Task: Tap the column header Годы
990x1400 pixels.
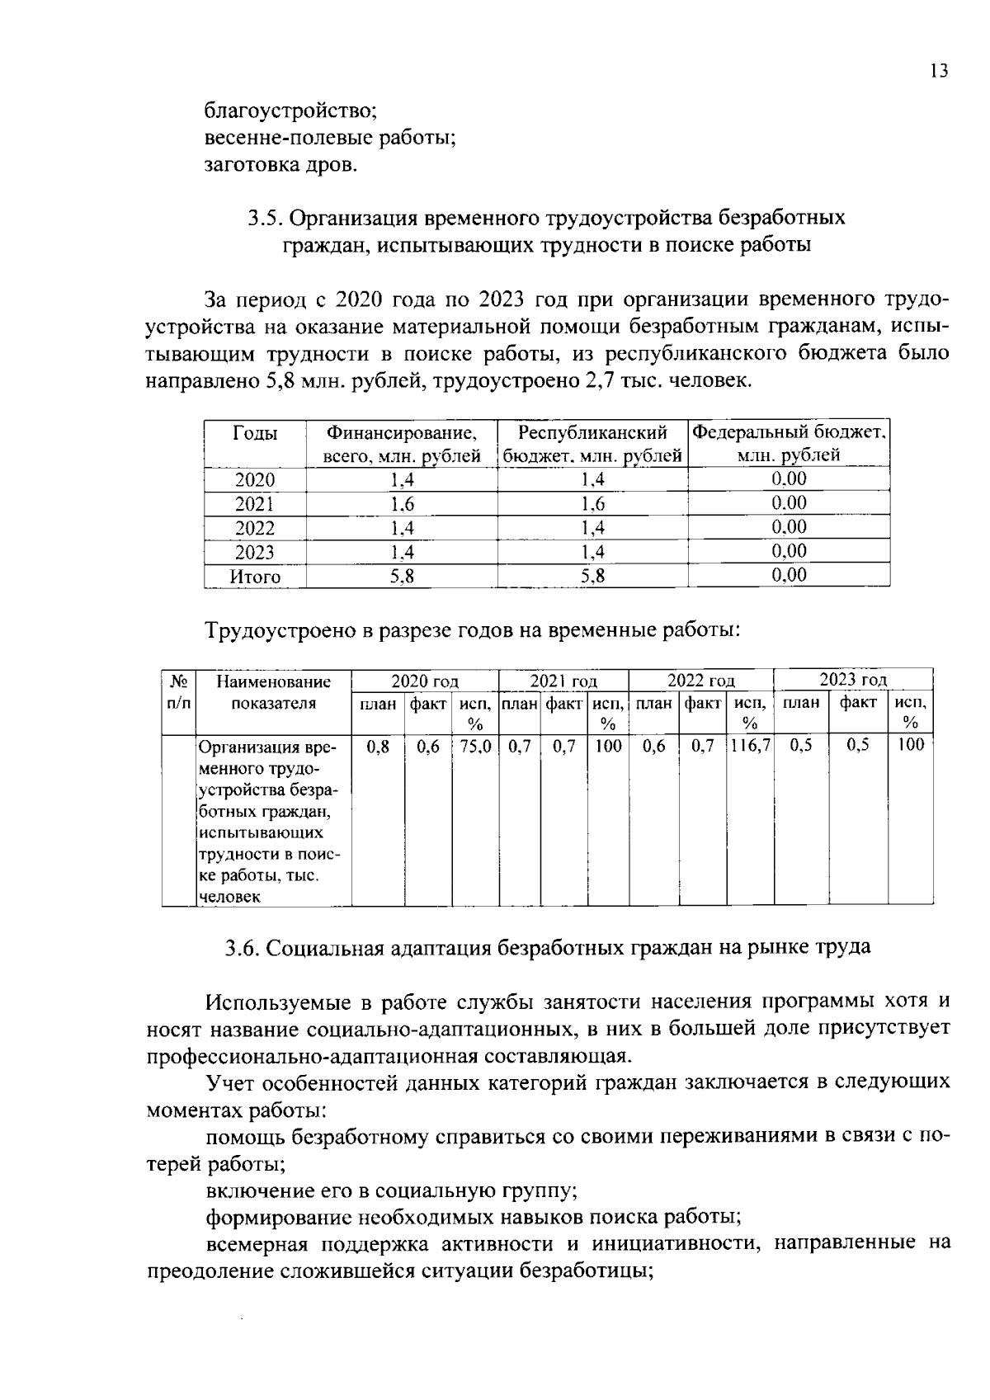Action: tap(255, 434)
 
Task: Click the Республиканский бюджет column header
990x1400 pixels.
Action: tap(592, 444)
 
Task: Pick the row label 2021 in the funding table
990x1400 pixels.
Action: tap(255, 504)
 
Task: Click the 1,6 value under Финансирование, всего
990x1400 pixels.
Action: tap(402, 504)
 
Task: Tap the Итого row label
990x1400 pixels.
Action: tap(255, 577)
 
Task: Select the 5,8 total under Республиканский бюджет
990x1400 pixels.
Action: tap(592, 577)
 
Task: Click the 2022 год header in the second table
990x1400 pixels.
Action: tap(700, 681)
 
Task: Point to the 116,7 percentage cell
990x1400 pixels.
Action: tap(750, 746)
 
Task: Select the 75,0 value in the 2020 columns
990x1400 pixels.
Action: tap(475, 746)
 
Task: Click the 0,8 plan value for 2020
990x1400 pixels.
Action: tap(377, 746)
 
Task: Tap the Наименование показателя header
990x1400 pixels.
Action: tap(273, 692)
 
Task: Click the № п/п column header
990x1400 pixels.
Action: tap(177, 691)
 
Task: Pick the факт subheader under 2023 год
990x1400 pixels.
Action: tap(857, 703)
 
